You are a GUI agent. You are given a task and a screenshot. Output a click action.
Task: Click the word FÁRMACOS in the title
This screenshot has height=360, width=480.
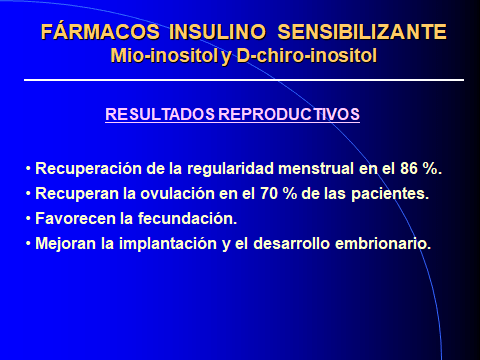(93, 32)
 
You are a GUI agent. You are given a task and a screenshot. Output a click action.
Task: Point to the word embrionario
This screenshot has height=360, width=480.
(385, 243)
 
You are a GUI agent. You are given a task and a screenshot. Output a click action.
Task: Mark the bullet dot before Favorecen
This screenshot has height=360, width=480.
(29, 218)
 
